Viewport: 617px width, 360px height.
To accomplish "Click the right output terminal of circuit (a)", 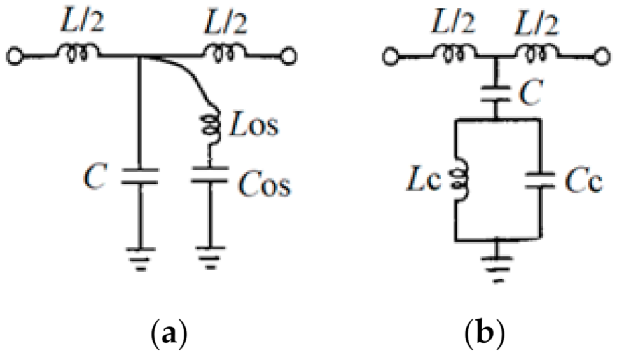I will click(x=289, y=57).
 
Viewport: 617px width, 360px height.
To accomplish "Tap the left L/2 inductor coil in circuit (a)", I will click(x=80, y=54).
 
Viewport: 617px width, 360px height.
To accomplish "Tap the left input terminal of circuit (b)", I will click(x=389, y=57).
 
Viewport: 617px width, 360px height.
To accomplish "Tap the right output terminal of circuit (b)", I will click(x=599, y=57).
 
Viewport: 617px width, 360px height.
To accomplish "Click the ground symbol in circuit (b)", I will click(x=496, y=264).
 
